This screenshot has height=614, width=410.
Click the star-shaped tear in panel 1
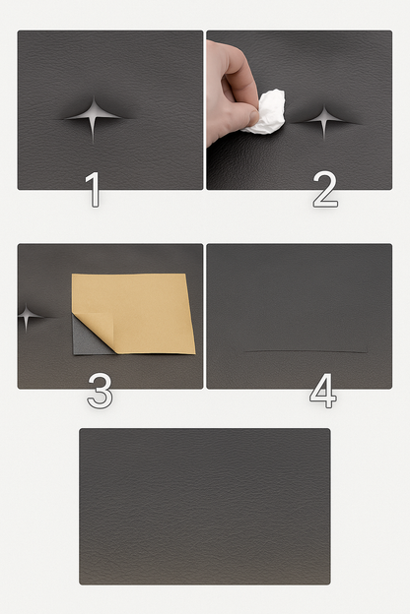[x=94, y=116]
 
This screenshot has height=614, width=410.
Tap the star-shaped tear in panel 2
[x=324, y=120]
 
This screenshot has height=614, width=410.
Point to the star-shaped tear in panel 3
[x=27, y=315]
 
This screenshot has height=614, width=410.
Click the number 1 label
[x=93, y=190]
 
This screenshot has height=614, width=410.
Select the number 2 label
[x=325, y=190]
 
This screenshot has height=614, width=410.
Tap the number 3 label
[x=101, y=391]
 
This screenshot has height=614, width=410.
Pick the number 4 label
[x=323, y=391]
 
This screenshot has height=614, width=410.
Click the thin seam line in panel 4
[x=307, y=351]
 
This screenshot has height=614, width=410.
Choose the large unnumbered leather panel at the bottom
[x=205, y=507]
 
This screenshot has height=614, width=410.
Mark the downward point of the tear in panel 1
[x=93, y=143]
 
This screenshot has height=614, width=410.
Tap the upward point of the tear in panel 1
[x=94, y=96]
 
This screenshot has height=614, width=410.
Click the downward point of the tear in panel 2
[x=324, y=140]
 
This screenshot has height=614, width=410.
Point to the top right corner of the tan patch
[x=185, y=275]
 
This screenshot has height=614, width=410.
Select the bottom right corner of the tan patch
[x=195, y=353]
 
